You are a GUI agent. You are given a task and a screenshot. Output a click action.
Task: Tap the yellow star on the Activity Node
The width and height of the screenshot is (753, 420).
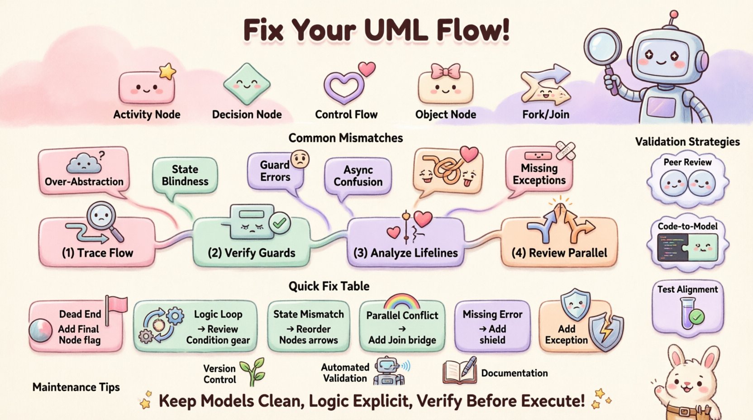167,71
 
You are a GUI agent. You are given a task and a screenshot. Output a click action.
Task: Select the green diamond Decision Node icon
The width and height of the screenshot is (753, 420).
247,84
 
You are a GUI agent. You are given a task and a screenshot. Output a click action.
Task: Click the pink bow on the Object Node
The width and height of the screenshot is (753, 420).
445,71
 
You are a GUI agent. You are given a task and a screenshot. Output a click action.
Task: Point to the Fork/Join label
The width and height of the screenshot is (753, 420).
546,115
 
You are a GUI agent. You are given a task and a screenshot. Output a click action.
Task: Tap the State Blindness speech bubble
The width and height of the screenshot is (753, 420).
185,175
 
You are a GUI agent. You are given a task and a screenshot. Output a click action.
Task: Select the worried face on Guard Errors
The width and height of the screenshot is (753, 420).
300,160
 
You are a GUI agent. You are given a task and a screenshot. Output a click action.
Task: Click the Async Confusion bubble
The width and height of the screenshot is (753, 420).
358,176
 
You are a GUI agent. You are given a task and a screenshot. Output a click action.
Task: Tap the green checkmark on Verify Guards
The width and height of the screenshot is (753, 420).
280,223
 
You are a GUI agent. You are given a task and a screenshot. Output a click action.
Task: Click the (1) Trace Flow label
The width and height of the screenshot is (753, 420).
97,253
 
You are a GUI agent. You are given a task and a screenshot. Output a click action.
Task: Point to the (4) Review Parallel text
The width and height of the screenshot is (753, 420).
559,253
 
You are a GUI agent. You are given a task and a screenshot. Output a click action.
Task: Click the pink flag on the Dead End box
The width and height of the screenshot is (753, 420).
117,304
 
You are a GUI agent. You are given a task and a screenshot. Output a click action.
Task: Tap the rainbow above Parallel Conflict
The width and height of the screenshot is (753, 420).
401,302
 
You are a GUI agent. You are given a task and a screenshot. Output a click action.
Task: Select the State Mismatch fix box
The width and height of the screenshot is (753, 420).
309,326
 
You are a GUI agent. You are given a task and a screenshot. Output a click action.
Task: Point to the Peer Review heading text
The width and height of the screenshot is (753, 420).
687,162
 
